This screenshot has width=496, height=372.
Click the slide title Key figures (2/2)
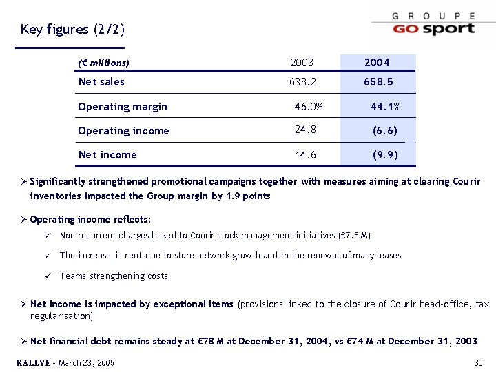(73, 30)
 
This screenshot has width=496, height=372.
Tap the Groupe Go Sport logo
(433, 24)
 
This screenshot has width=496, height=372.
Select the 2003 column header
(302, 63)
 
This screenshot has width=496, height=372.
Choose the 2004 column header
(378, 63)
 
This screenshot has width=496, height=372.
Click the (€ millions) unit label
(104, 63)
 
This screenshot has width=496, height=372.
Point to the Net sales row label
(101, 82)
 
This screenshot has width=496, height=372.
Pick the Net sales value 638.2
(302, 82)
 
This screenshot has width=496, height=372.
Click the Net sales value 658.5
(378, 82)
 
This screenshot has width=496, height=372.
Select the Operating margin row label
(123, 107)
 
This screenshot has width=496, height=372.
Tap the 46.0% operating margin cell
(308, 107)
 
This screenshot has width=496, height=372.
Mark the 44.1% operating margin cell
(385, 107)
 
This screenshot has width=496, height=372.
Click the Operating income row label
(123, 131)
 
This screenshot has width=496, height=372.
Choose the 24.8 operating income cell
(305, 130)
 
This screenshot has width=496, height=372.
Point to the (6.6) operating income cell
(384, 131)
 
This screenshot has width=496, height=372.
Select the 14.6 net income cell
(305, 155)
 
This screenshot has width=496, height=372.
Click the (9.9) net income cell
(384, 155)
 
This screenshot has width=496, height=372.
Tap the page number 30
(479, 363)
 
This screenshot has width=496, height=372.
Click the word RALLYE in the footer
(32, 363)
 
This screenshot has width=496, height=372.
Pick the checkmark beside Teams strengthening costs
(45, 276)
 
